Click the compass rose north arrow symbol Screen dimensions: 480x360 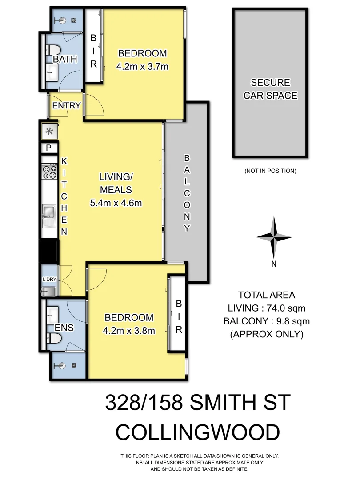point(274,237)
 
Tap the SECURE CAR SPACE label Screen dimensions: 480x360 point(270,89)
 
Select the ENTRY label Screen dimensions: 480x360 point(66,106)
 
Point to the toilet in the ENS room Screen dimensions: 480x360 point(55,339)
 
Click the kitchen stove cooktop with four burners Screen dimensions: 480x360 point(49,171)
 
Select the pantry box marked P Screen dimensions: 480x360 point(48,148)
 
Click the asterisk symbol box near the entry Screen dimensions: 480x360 point(49,132)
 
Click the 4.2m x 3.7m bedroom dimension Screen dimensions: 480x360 point(142,67)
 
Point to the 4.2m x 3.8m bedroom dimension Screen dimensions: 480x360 point(129,331)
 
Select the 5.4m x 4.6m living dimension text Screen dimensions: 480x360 point(116,203)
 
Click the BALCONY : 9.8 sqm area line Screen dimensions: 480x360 point(266,321)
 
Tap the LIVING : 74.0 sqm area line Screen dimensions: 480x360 point(266,308)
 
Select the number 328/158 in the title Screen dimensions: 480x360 point(143,403)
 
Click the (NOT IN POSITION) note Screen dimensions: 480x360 point(270,171)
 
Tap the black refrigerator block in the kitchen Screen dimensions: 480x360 point(49,252)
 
